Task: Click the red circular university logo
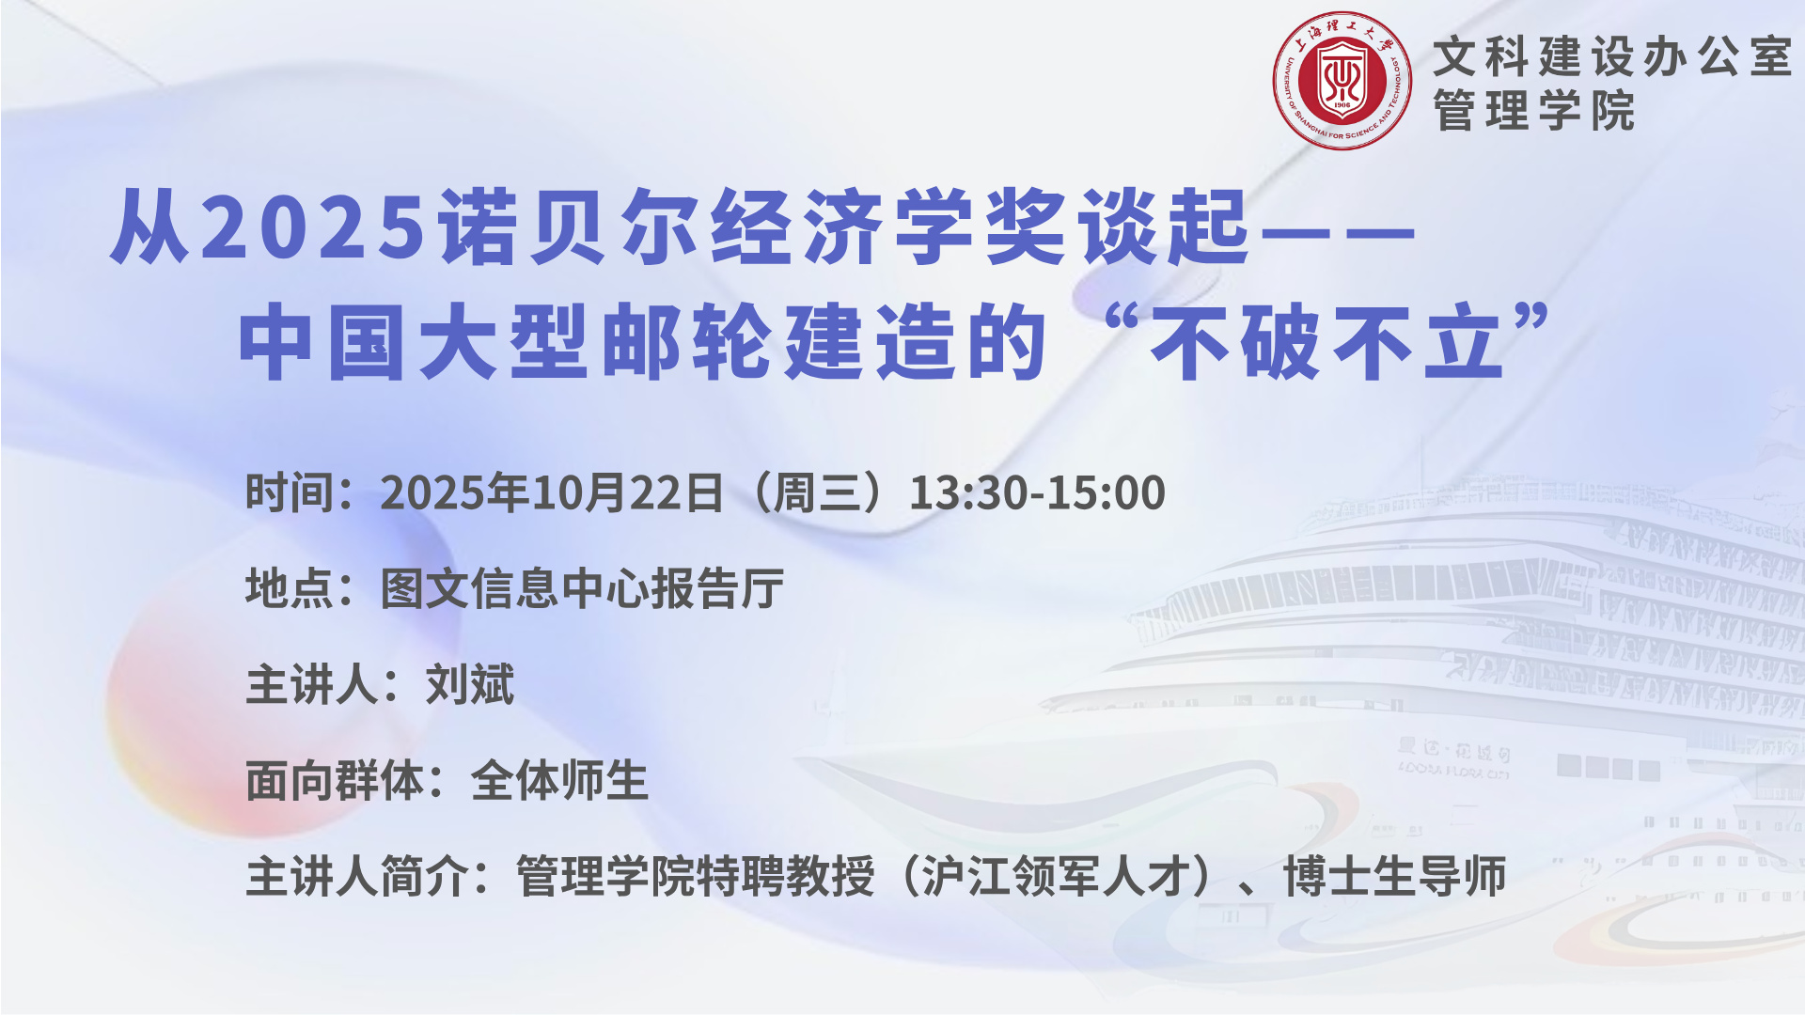tap(1342, 81)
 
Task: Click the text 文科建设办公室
tap(1612, 56)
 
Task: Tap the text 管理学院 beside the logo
tap(1534, 111)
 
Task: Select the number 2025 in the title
tap(314, 226)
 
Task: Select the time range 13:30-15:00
tap(1037, 492)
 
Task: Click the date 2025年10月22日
tap(551, 492)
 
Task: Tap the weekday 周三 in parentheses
tap(817, 492)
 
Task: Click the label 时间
tap(289, 492)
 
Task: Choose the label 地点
tap(289, 588)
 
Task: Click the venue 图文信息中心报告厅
tap(582, 588)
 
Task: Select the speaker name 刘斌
tap(470, 684)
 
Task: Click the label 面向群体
tap(334, 781)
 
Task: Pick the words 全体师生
tap(559, 781)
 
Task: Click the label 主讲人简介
tap(356, 877)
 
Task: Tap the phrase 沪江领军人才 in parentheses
tap(1055, 877)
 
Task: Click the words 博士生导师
tap(1395, 877)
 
